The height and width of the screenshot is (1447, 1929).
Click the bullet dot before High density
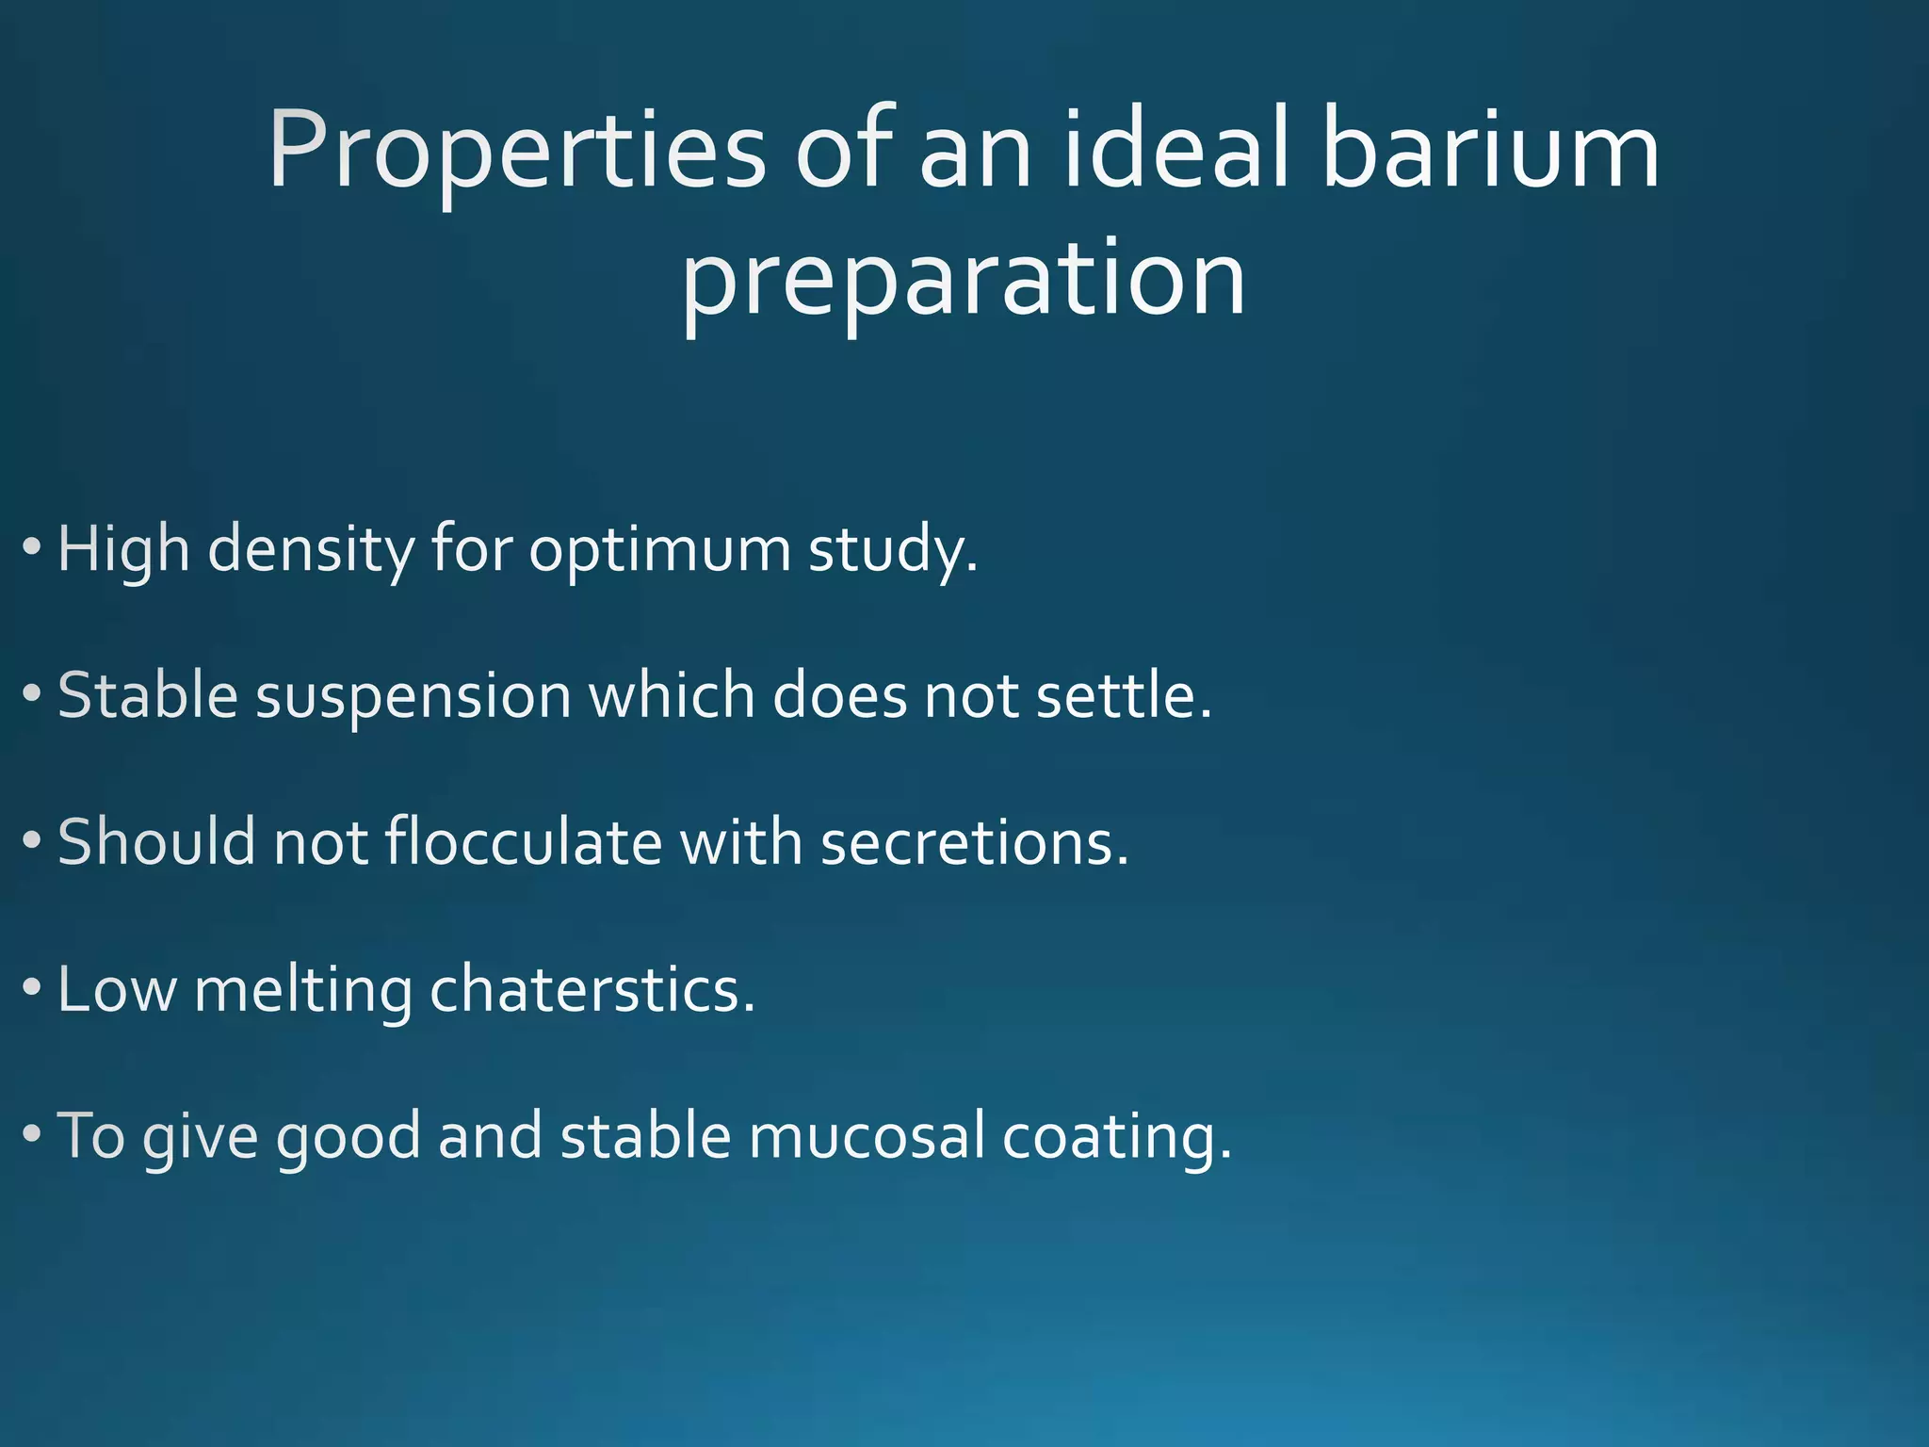pos(32,546)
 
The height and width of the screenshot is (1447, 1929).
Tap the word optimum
pos(659,549)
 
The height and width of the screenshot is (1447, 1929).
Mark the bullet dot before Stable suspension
pos(32,694)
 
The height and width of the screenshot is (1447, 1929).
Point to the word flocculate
pos(524,841)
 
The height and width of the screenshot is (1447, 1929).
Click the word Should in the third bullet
pos(156,841)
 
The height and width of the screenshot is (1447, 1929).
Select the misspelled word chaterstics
pos(592,989)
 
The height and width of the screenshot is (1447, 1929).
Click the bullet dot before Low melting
pos(32,988)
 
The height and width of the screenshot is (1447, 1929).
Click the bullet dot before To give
pos(32,1134)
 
